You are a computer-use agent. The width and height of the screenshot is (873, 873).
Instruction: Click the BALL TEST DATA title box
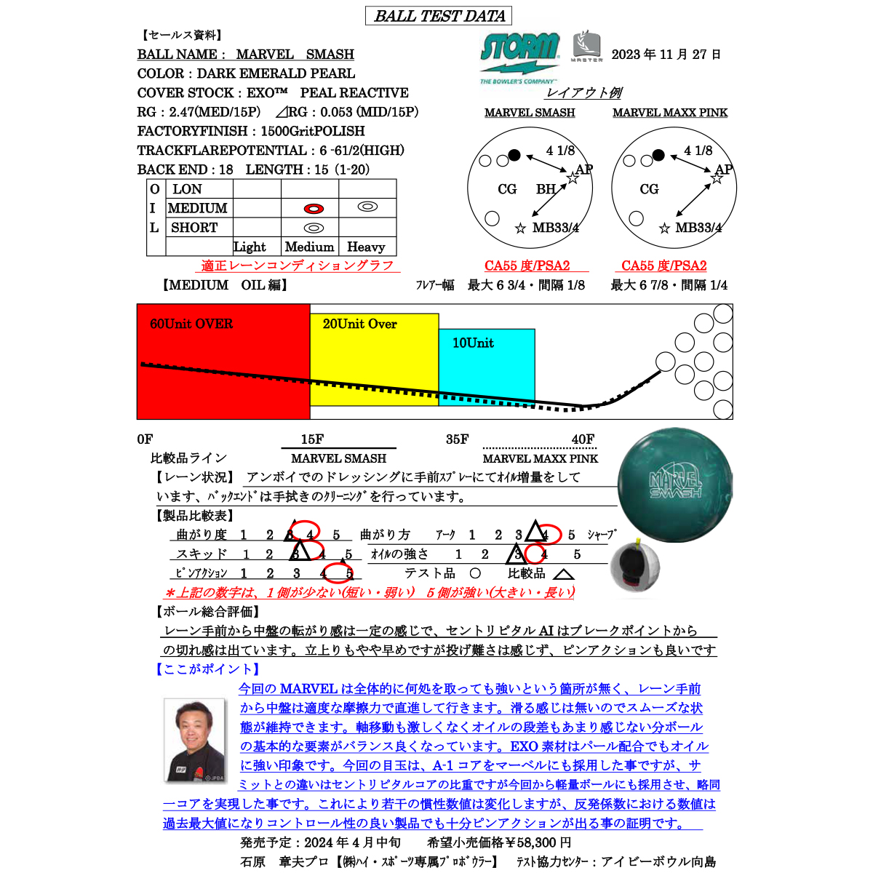(439, 16)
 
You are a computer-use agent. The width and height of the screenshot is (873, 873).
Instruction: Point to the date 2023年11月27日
(666, 55)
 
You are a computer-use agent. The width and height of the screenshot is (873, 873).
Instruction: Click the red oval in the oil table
(314, 209)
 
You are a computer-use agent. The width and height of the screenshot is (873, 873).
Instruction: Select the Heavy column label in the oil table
(366, 247)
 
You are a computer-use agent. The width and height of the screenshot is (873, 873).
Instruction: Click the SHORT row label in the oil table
(194, 228)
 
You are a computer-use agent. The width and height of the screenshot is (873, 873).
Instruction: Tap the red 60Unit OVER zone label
(191, 324)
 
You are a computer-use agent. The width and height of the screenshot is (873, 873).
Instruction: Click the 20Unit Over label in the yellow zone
(359, 324)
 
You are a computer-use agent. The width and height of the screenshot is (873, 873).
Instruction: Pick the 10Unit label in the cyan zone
(473, 343)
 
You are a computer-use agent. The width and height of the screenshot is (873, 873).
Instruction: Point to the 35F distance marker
(457, 439)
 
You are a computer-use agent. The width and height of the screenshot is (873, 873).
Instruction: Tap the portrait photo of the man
(194, 740)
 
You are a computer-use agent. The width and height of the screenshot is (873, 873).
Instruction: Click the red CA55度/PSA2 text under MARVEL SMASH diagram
(527, 266)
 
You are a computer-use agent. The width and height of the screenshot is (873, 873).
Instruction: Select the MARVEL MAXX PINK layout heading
(669, 113)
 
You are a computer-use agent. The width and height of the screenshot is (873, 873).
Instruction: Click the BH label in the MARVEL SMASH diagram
(546, 189)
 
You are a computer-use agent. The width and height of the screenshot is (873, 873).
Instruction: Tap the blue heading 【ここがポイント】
(207, 669)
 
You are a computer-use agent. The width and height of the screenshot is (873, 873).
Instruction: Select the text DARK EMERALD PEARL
(276, 73)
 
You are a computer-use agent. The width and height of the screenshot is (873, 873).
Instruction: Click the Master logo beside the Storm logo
(586, 47)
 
